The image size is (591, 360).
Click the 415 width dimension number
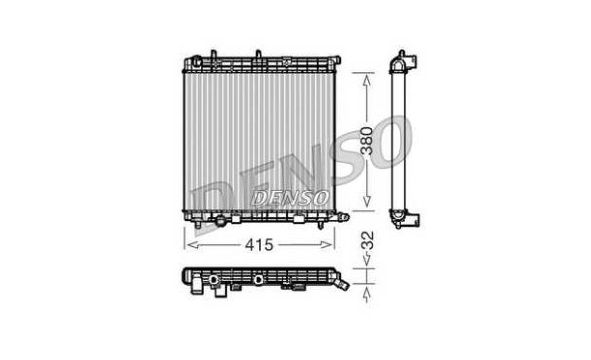coord(259,245)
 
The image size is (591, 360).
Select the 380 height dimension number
coord(366,141)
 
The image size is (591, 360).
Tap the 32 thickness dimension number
coord(367,240)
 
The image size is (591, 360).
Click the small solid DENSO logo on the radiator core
coord(290,198)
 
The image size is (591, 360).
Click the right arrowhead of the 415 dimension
coord(326,245)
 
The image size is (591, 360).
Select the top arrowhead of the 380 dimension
coord(366,80)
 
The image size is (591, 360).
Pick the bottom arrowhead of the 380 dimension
coord(366,201)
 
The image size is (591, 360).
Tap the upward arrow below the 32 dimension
coord(366,294)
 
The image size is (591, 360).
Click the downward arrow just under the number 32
coord(366,258)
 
